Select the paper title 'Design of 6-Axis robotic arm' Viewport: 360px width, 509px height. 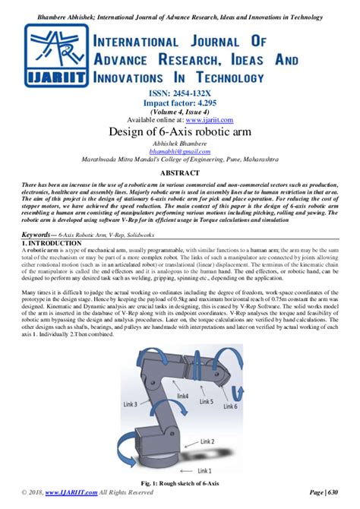(x=180, y=131)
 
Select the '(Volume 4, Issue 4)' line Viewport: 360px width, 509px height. (x=180, y=110)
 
